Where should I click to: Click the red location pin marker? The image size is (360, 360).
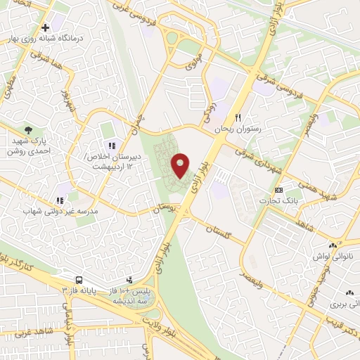pos(181,165)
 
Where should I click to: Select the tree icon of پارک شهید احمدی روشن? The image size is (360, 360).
pos(28,130)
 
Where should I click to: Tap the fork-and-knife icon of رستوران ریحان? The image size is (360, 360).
pos(239,117)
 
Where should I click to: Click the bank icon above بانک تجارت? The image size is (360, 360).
pos(279,190)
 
